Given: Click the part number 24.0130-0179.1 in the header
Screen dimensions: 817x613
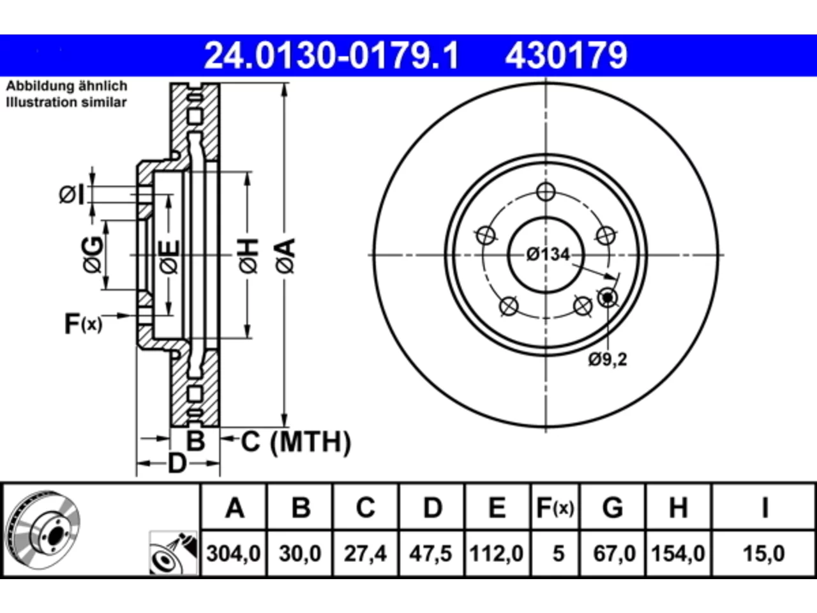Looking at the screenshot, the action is [331, 56].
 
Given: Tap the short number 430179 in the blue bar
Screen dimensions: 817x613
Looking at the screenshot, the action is [566, 56].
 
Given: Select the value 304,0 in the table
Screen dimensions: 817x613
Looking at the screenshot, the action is [234, 554].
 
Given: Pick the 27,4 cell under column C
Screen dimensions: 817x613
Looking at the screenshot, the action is [365, 554].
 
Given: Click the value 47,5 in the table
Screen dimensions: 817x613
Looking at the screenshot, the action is [431, 554].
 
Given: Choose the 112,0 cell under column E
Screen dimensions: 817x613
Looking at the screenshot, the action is [497, 554].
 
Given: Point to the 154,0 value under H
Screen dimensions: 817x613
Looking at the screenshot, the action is [678, 554].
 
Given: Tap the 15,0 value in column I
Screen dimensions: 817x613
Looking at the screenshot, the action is [764, 554].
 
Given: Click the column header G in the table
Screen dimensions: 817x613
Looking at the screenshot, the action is [613, 508].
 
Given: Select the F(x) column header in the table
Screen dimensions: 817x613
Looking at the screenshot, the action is [555, 508].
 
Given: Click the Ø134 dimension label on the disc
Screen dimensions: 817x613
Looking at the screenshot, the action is [548, 255].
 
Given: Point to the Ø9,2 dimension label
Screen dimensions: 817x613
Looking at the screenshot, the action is [608, 359].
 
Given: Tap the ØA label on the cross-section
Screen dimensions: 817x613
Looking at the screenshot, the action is [286, 256].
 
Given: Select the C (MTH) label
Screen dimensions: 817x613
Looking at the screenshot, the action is [296, 442].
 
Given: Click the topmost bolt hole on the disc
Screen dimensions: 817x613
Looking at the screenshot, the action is [546, 192].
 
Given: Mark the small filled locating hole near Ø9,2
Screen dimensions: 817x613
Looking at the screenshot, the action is [608, 298].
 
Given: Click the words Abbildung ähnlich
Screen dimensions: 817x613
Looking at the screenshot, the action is [66, 86].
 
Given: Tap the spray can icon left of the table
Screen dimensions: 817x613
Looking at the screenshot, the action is [173, 553].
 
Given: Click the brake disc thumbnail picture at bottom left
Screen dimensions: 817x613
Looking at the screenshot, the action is [43, 529].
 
